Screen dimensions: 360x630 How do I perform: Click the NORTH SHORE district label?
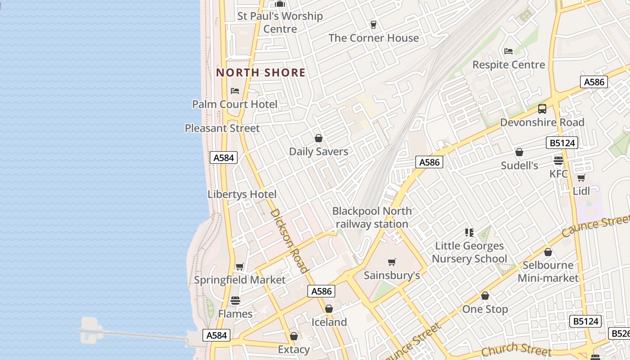click(x=261, y=72)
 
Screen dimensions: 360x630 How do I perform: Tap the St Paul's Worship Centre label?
click(x=280, y=22)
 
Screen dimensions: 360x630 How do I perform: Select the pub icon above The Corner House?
click(x=373, y=24)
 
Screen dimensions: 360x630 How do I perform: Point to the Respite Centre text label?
click(x=508, y=65)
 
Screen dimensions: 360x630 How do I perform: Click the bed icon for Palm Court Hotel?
click(x=235, y=90)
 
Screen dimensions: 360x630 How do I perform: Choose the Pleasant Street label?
click(x=222, y=128)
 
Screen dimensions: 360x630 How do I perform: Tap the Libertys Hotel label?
click(x=242, y=194)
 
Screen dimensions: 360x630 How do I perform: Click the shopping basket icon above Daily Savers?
click(x=319, y=138)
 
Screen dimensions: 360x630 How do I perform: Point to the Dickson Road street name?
click(x=289, y=241)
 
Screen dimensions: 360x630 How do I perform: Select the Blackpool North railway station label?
click(x=372, y=217)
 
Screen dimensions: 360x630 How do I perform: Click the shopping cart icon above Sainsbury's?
click(x=392, y=262)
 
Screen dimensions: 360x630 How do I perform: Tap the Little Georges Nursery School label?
click(x=469, y=252)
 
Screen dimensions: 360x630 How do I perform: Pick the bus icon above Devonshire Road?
click(x=542, y=108)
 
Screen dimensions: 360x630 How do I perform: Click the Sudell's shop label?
click(x=519, y=166)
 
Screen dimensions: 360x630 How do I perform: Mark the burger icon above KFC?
click(x=558, y=160)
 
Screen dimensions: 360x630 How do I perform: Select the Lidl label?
click(x=581, y=191)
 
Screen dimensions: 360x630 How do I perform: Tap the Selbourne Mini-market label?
click(x=548, y=271)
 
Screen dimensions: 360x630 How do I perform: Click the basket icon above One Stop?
click(x=485, y=296)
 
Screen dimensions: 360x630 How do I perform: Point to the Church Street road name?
click(x=516, y=349)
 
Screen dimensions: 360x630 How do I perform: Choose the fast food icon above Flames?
click(x=235, y=300)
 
